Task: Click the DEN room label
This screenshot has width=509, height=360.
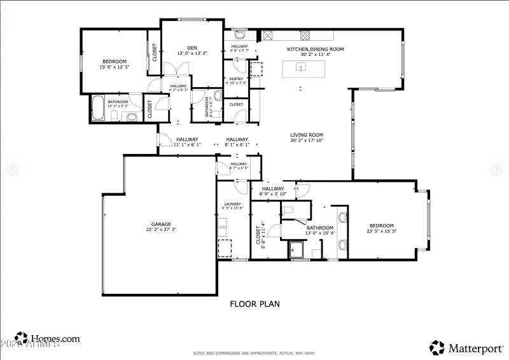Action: point(192,48)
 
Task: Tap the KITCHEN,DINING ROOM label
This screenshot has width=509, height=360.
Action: point(315,49)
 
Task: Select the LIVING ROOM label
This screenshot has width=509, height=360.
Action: point(307,135)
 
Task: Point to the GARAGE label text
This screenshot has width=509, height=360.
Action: point(160,224)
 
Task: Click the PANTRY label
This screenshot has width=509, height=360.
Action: point(236,79)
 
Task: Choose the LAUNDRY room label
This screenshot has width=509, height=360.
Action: point(232,204)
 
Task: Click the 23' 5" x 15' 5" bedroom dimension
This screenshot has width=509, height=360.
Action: point(382,232)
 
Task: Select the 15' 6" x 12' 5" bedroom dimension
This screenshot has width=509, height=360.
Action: point(114,67)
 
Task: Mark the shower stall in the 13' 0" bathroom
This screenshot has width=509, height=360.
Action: point(297,250)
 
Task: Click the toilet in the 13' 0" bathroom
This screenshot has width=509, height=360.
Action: point(288,210)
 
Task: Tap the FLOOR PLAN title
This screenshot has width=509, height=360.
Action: point(254,304)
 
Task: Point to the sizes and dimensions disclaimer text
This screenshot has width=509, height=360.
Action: point(254,353)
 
